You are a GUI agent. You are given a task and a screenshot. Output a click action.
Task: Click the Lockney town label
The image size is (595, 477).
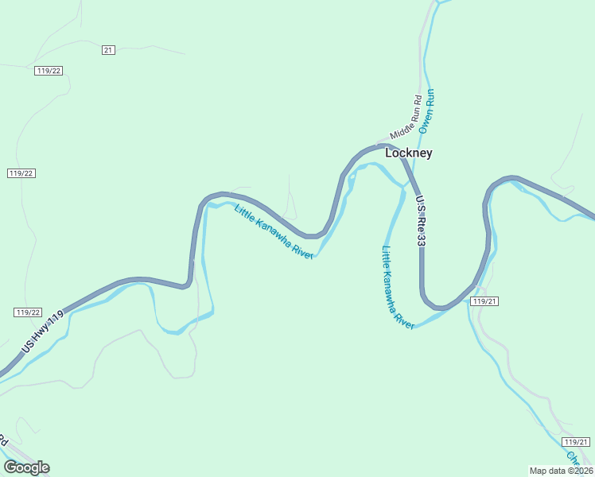point(409,153)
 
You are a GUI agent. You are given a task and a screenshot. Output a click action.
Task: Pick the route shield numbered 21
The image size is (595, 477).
point(109,50)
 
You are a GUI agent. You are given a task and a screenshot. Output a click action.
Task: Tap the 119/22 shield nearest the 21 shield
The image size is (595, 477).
point(49,71)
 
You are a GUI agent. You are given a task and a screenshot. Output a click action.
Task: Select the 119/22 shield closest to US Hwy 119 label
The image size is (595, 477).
point(27,312)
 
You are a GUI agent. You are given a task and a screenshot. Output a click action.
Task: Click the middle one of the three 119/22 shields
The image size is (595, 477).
point(21,173)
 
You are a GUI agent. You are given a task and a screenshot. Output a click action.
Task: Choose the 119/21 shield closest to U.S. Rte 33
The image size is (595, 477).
point(484,301)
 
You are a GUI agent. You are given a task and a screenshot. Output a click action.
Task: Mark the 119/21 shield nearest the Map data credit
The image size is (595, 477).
point(575,442)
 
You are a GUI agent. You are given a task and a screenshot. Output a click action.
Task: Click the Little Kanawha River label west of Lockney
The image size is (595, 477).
point(274,231)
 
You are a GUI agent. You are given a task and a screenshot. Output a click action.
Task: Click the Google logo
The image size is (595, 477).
point(26,467)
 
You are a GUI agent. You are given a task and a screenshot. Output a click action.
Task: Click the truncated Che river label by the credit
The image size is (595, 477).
point(573,459)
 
